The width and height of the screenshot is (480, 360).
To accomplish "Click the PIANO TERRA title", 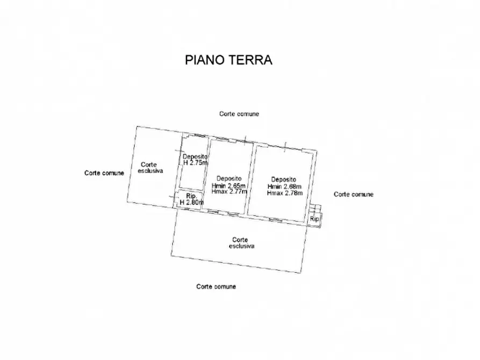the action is (x=228, y=60).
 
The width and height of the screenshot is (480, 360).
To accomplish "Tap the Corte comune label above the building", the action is (x=239, y=114).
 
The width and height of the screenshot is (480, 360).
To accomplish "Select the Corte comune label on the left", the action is (x=104, y=173).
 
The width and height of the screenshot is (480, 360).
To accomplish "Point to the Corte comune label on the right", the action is (x=354, y=195).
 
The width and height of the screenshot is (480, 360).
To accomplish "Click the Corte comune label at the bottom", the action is (x=216, y=286).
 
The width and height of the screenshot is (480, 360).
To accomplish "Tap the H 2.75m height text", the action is (x=196, y=163).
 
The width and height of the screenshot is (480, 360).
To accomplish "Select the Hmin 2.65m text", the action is (x=228, y=186).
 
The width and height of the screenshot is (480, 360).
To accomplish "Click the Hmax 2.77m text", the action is (x=230, y=192).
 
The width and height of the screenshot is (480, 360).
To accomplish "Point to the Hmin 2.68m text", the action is (x=284, y=186).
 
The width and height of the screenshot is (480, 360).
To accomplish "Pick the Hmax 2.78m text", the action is (x=285, y=193).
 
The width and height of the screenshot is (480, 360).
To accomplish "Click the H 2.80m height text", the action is (x=192, y=203).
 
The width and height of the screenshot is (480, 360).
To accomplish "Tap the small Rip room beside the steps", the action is (x=314, y=219).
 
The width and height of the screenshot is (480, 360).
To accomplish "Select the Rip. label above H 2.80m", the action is (x=191, y=196).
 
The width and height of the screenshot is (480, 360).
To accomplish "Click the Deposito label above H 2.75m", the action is (x=195, y=157).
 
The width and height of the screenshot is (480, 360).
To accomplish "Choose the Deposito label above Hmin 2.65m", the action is (x=229, y=178).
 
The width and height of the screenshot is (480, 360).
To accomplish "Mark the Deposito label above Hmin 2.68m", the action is (x=284, y=179).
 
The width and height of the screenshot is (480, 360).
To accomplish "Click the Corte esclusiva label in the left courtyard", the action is (x=150, y=168).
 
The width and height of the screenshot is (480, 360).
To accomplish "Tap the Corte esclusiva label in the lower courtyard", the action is (x=241, y=243).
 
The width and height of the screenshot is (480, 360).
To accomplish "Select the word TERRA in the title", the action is (x=250, y=60).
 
